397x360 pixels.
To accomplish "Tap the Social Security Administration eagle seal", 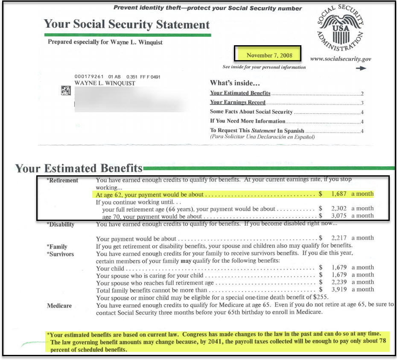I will click(340, 29).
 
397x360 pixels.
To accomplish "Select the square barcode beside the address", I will click(66, 90).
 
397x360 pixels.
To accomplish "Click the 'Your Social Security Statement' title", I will click(127, 24).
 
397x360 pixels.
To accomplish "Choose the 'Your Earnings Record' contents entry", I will click(238, 102).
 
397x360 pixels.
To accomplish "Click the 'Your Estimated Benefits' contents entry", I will click(240, 93).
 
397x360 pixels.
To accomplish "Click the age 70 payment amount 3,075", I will click(340, 216).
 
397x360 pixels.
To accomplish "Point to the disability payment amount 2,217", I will click(340, 238).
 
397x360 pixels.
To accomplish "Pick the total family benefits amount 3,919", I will click(340, 290).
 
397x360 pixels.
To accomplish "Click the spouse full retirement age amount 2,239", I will click(340, 282).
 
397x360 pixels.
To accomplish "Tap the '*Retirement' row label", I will click(62, 180).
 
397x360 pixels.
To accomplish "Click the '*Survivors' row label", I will click(60, 254).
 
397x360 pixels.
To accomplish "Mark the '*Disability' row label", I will click(61, 225).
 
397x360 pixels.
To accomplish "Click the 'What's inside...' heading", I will click(235, 83).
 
